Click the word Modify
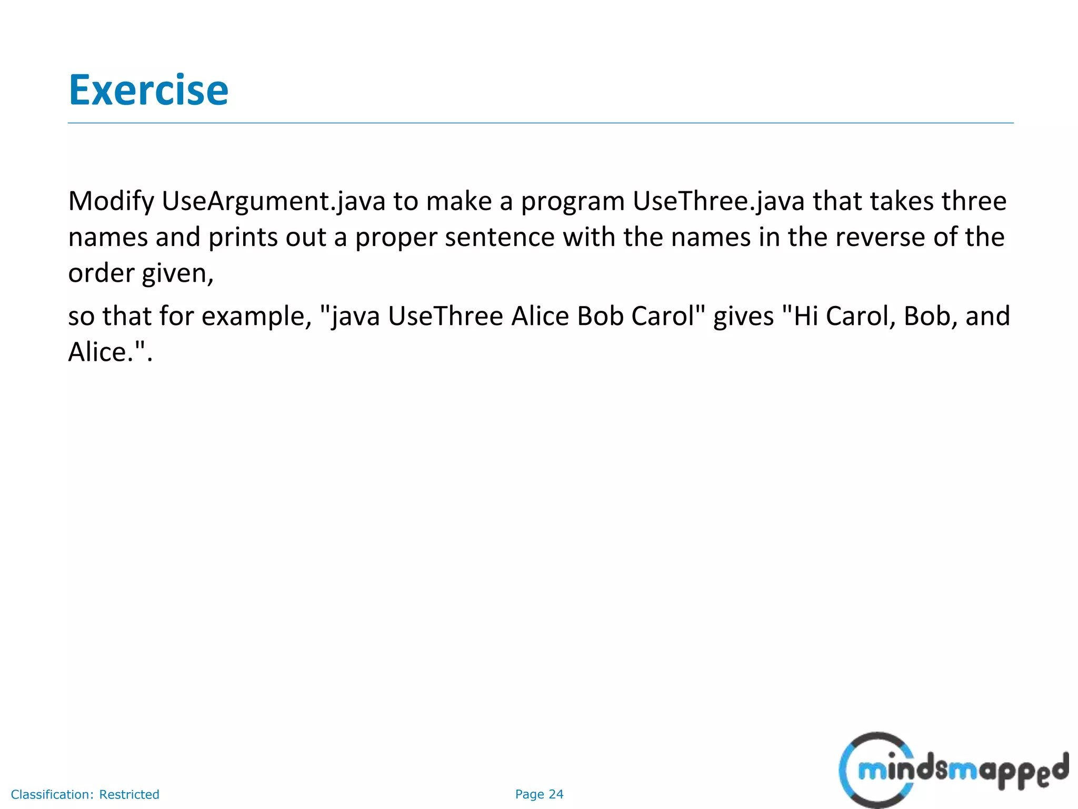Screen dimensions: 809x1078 (x=111, y=201)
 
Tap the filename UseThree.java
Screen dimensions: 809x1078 (x=718, y=201)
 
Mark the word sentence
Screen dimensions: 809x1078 (x=500, y=237)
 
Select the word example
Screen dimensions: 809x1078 (x=257, y=317)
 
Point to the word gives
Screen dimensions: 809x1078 (x=743, y=317)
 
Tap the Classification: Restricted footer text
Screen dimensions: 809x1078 (x=85, y=794)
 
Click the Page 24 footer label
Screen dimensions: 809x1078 (x=539, y=794)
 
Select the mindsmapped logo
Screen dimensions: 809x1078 (x=953, y=770)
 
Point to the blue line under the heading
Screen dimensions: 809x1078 (x=540, y=123)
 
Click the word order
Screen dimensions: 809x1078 (x=101, y=273)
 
